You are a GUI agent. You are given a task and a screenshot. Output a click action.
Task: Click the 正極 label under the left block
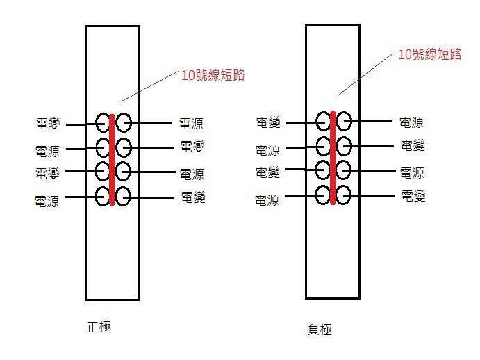[x=99, y=326]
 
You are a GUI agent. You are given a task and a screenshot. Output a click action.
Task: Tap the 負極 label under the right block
[x=320, y=329]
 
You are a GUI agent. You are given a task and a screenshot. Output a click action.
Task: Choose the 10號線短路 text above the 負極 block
[x=431, y=54]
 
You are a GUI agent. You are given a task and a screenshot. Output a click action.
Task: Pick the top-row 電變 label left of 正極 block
[x=48, y=124]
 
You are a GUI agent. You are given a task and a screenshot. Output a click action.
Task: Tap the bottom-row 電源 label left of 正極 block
[x=47, y=201]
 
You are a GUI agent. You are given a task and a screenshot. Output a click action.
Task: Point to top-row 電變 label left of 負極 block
[x=268, y=123]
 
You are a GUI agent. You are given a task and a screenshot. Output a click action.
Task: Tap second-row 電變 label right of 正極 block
[x=192, y=147]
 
